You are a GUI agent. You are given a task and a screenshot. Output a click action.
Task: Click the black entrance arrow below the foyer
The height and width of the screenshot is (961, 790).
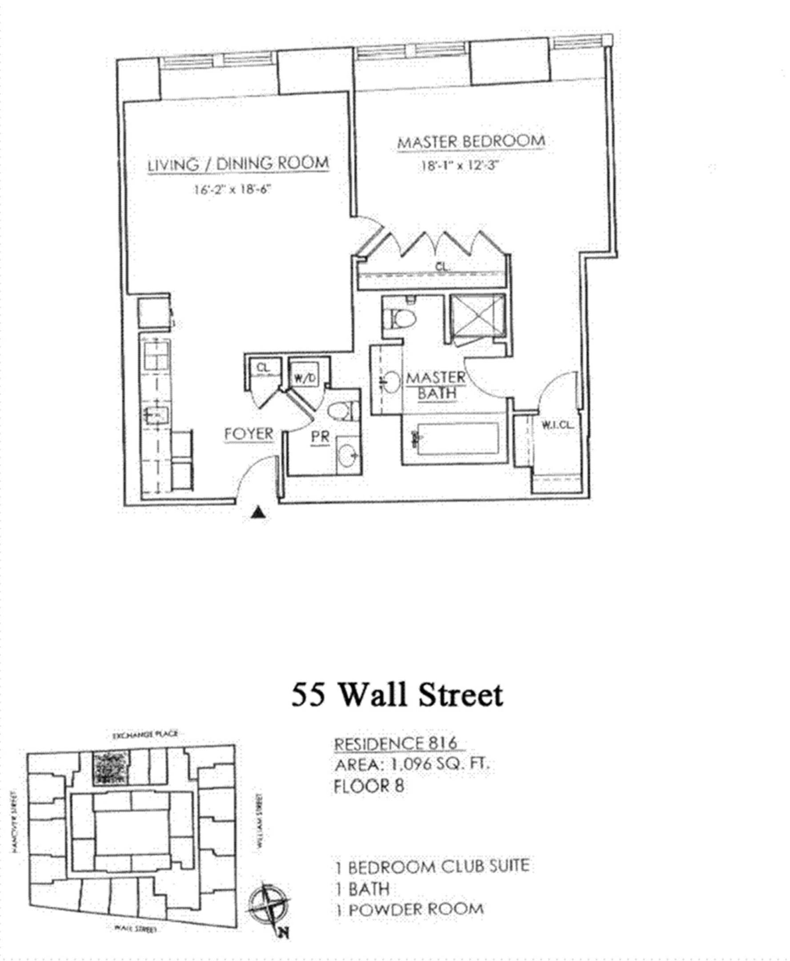click(258, 513)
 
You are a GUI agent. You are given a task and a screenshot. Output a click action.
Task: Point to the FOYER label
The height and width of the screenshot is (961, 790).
click(249, 434)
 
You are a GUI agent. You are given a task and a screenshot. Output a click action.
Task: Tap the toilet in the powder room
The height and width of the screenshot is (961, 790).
click(340, 411)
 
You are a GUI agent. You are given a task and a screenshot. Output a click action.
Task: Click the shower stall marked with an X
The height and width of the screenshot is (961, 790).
click(477, 315)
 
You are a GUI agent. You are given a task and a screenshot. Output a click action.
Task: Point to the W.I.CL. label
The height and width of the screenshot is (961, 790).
click(557, 426)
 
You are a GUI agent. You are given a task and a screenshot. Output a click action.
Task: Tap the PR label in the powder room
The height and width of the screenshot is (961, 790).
click(320, 437)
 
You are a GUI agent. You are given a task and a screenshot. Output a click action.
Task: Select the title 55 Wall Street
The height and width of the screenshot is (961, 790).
click(397, 695)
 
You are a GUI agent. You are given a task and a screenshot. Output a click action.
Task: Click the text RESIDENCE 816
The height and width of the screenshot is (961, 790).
click(395, 744)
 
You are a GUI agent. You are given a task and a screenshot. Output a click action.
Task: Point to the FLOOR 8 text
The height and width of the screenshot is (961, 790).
click(369, 787)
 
